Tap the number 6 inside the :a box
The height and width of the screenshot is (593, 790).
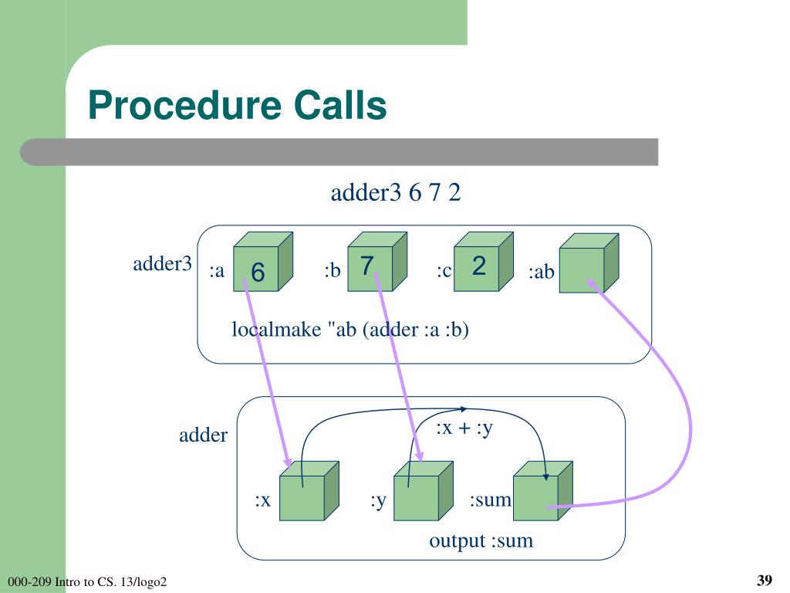(x=258, y=273)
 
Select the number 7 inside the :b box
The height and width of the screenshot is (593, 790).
(x=367, y=266)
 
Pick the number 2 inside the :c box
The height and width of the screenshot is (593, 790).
(x=478, y=266)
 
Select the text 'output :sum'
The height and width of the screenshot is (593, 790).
(x=481, y=540)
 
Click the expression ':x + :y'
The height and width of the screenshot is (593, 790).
(x=464, y=429)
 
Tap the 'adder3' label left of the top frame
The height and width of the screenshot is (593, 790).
(x=162, y=264)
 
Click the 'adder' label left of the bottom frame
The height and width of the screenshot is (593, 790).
(x=203, y=435)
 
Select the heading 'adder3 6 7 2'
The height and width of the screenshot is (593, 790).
(x=395, y=193)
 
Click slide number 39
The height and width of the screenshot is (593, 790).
(x=765, y=581)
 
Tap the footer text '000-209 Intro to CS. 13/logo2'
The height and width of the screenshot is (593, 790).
(x=86, y=581)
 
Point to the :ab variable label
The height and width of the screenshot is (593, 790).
(x=541, y=273)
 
